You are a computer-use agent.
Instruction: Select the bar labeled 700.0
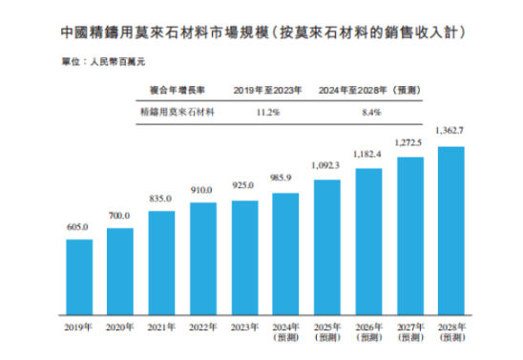(x=120, y=272)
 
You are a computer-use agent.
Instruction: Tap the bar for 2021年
(x=161, y=263)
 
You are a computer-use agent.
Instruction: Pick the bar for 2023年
(x=244, y=257)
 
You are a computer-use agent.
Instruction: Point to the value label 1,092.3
(x=327, y=165)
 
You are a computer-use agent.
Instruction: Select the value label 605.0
(x=78, y=228)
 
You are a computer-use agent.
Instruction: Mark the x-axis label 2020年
(x=120, y=328)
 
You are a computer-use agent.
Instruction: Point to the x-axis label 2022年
(x=203, y=328)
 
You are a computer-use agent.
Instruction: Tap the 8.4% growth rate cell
(x=370, y=112)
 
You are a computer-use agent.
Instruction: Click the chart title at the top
(x=261, y=32)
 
